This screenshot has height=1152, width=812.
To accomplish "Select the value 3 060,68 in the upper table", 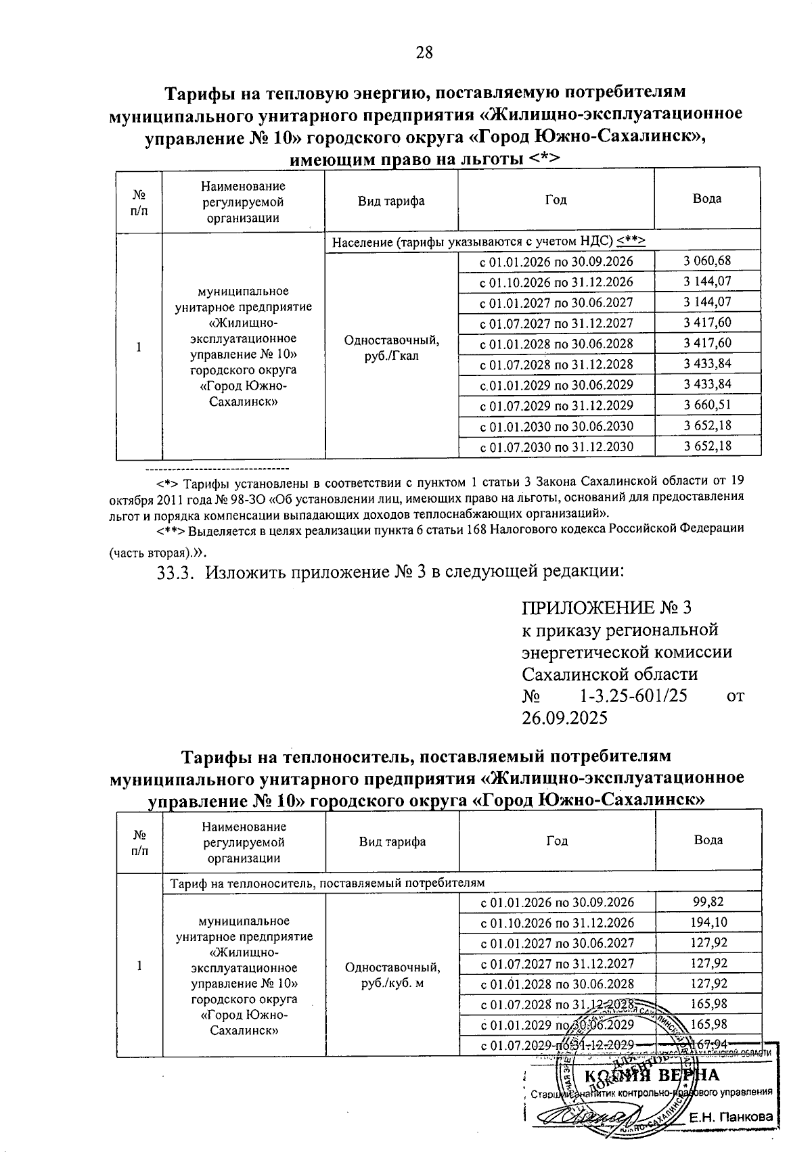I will tap(707, 261).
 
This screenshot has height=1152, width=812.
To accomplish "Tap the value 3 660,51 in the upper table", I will tap(707, 405).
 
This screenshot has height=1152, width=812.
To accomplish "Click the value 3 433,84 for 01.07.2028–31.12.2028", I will tap(707, 364).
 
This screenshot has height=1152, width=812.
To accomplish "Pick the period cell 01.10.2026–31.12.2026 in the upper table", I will tap(556, 282).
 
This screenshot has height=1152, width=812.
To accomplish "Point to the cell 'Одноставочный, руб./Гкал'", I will tap(392, 348).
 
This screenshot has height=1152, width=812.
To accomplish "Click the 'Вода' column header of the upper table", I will tap(707, 199).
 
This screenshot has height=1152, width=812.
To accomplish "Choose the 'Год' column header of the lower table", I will tap(557, 841).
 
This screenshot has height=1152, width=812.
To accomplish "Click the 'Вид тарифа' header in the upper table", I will tap(392, 201).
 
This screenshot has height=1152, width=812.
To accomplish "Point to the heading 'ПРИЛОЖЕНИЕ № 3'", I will tap(608, 607).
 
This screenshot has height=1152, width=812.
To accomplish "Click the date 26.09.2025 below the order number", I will tap(565, 718).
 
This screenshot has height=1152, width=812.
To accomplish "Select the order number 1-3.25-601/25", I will tap(634, 695).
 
